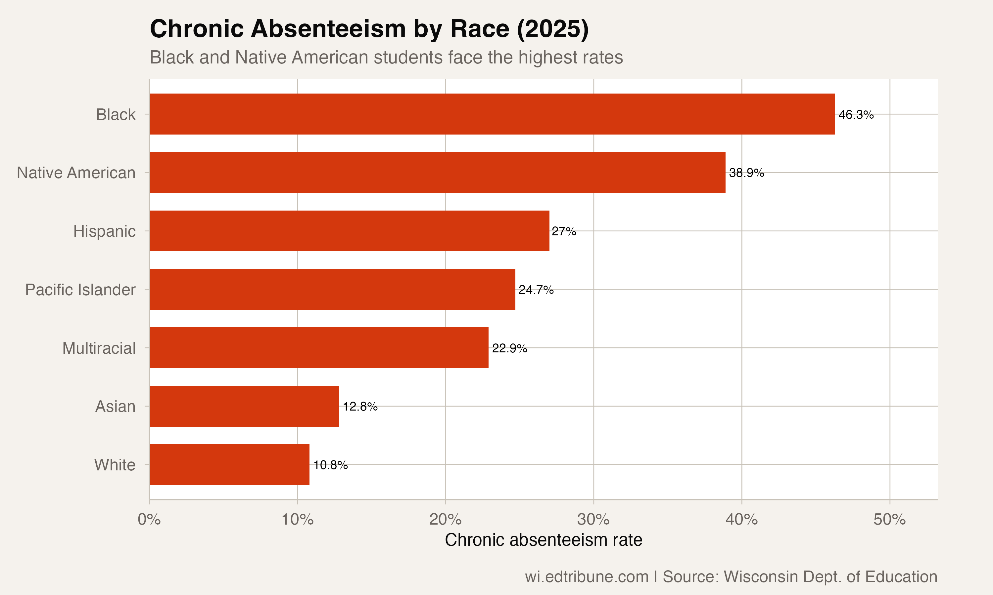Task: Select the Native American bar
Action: click(x=438, y=173)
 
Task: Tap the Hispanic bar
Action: click(x=349, y=231)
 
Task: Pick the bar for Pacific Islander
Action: click(x=332, y=289)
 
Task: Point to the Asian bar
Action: click(x=244, y=406)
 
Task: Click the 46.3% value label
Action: click(x=856, y=115)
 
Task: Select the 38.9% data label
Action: click(x=746, y=173)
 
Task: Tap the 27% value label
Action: click(x=564, y=231)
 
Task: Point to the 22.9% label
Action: click(x=509, y=348)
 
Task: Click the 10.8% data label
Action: click(x=330, y=465)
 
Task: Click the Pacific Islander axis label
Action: click(x=80, y=290)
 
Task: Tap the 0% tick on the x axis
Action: click(x=149, y=520)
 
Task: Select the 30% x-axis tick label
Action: click(x=593, y=520)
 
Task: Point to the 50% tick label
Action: click(x=889, y=520)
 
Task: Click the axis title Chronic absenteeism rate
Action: click(x=544, y=540)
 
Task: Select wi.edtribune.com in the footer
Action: click(x=587, y=576)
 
